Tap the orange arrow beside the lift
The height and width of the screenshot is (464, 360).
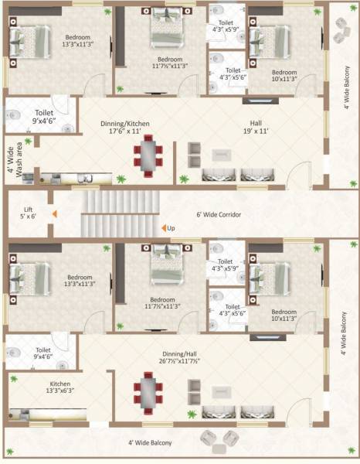(x=53, y=213)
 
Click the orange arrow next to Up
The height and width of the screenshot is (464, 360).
(x=164, y=228)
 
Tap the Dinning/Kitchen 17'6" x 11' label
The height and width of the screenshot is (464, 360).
(x=124, y=128)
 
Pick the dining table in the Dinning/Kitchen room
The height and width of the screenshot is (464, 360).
(x=148, y=155)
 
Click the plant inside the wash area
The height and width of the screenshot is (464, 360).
(x=29, y=142)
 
